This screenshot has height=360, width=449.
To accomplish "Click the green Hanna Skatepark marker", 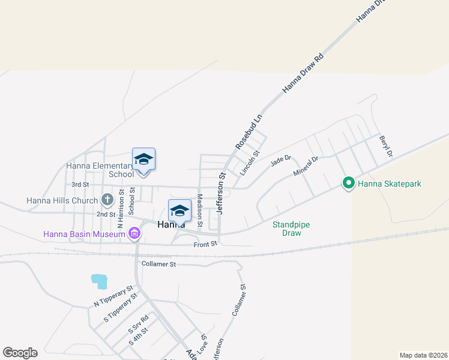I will click(x=348, y=183).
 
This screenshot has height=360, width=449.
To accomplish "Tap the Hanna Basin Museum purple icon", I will click(x=134, y=233).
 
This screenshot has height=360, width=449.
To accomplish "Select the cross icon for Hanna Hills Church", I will click(x=107, y=199).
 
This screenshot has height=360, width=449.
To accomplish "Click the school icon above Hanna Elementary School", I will click(x=143, y=160).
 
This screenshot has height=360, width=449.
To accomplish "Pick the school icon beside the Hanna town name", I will click(x=179, y=211).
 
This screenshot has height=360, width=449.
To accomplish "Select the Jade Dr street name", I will click(x=280, y=160).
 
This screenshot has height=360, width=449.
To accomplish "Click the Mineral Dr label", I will click(x=305, y=166).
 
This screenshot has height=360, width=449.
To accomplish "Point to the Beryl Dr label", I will click(x=385, y=146).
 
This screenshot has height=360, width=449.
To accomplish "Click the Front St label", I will click(x=204, y=244).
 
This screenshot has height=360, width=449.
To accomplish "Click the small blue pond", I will click(x=99, y=280).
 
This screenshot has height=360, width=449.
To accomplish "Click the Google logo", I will click(x=20, y=353).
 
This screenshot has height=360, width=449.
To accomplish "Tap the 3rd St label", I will click(x=80, y=184).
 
